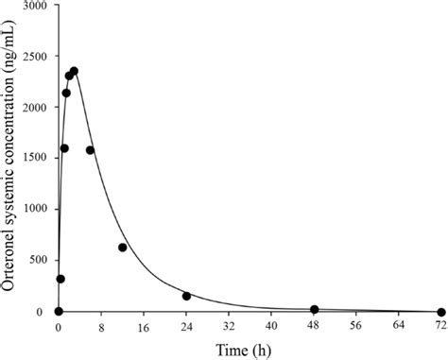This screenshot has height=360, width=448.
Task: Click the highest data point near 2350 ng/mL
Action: point(74,71)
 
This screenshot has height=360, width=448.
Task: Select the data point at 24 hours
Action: point(186,296)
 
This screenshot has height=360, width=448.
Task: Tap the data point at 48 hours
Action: point(314,309)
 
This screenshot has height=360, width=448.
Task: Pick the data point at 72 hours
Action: point(441,312)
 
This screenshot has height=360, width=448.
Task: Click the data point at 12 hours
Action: point(123,248)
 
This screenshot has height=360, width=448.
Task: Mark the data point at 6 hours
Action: point(91,150)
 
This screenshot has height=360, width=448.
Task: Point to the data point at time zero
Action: point(59,312)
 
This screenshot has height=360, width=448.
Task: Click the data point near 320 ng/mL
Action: point(60,279)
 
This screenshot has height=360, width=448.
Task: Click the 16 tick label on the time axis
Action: point(144,327)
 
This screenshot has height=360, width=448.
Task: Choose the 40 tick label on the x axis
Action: point(271,327)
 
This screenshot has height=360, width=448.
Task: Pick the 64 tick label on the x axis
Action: point(399,327)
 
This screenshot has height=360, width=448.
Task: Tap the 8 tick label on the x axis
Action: point(101,327)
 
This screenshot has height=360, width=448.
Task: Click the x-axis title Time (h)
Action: point(250,349)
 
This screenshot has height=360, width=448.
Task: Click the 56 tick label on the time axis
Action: point(356,327)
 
